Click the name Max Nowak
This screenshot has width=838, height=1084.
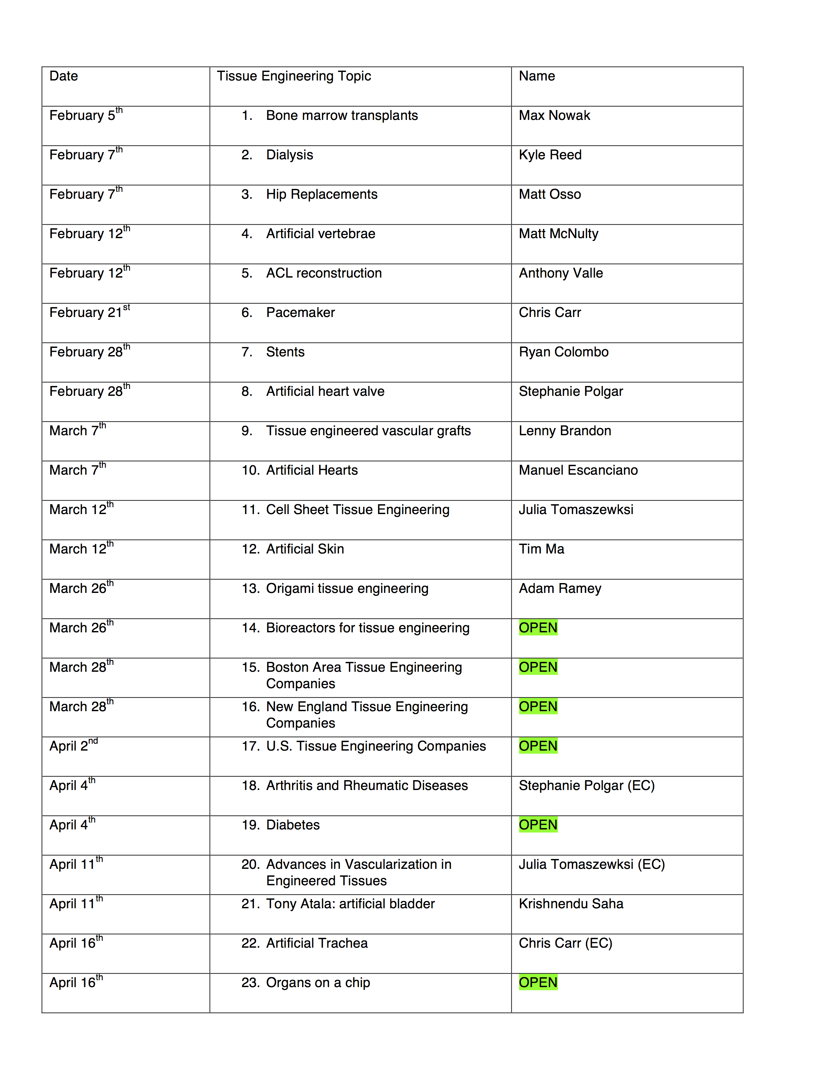pos(554,116)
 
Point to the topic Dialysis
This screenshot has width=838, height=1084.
pos(290,155)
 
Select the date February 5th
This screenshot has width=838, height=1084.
pos(85,115)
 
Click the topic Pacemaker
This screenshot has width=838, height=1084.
pos(300,313)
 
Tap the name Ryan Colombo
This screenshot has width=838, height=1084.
pos(564,352)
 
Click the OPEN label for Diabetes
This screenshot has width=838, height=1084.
pos(538,825)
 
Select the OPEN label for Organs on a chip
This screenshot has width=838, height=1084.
pos(538,983)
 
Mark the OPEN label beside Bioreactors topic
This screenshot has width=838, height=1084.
pos(538,628)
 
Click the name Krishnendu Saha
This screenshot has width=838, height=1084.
pos(571,904)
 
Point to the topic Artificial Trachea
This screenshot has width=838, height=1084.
pos(317,943)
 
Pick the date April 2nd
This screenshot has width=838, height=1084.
pos(74,746)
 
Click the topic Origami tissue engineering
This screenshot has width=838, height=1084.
pos(347,589)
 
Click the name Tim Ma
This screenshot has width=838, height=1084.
pos(542,549)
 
